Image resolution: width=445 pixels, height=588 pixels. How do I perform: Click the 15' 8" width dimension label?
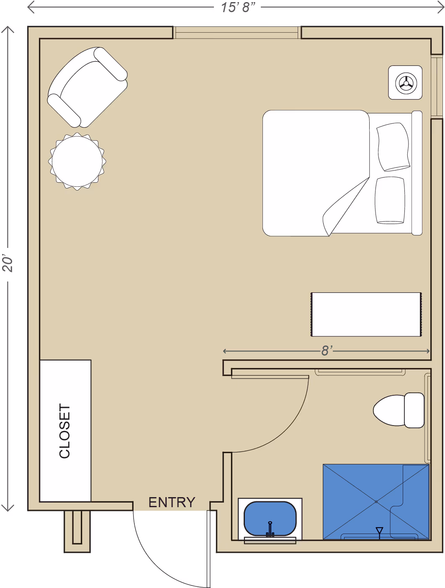[238, 7]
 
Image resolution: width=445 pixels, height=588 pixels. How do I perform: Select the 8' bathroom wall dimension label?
[327, 351]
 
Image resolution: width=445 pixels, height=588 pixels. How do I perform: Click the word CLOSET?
[64, 431]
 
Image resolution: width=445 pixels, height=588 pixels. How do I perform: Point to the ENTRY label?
[172, 502]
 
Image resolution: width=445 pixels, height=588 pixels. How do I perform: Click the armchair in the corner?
[87, 88]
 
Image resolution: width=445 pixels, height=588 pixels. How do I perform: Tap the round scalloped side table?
[77, 161]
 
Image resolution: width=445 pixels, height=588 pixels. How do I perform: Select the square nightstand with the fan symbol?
[405, 83]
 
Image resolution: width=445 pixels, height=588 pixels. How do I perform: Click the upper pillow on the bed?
[393, 147]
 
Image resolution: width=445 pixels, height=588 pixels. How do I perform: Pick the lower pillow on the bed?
[390, 200]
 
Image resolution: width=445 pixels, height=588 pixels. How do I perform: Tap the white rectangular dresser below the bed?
[366, 315]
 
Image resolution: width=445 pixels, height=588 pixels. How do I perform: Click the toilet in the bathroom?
[399, 410]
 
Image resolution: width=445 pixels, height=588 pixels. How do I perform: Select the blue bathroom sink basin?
[270, 518]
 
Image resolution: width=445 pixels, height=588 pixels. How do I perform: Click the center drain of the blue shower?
[376, 502]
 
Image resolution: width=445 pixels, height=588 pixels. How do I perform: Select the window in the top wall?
[237, 33]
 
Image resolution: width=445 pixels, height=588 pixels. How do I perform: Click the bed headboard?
[417, 173]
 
